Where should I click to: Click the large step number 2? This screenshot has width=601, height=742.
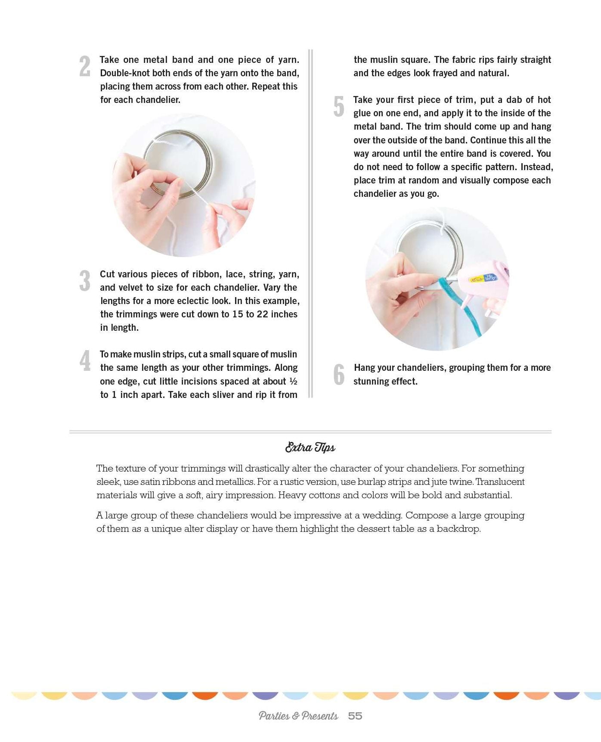pos(85,67)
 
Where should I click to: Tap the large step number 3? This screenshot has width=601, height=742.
pos(85,281)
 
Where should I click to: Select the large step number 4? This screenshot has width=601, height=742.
pos(85,361)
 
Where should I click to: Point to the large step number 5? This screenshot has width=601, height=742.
pos(339,106)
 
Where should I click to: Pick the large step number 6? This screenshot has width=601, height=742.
pos(339,374)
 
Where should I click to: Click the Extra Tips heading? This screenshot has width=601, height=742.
pos(310,447)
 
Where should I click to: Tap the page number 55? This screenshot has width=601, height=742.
pos(355,716)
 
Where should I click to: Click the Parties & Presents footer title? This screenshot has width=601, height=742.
pos(298,716)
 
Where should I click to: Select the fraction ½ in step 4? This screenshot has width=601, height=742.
pos(293,381)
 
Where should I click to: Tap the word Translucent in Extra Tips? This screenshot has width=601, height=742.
pos(500,482)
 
